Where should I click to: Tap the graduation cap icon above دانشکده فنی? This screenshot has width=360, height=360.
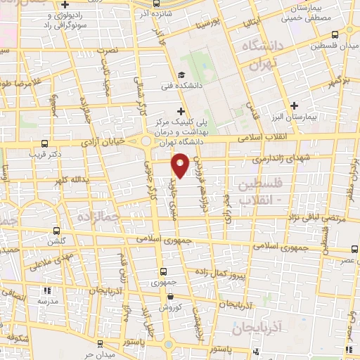(x=181, y=75)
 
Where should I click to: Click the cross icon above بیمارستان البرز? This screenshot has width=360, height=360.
(x=295, y=105)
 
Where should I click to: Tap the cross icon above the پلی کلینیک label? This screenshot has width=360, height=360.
(x=181, y=111)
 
